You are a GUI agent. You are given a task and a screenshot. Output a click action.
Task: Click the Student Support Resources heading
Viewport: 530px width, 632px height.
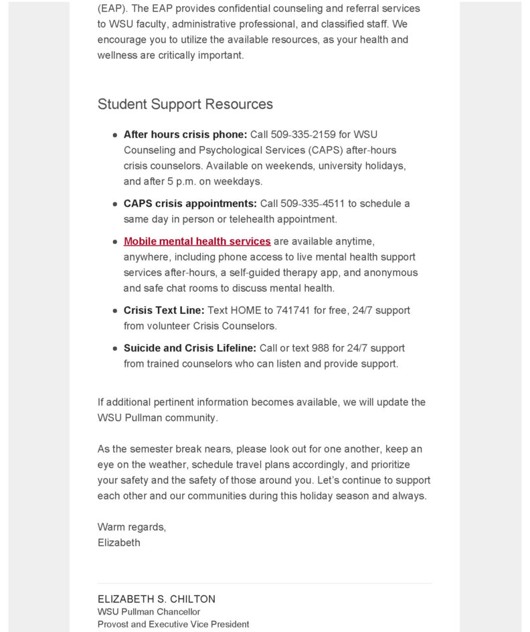tap(185, 104)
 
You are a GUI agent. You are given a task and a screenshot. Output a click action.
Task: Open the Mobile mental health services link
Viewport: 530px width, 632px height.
tap(197, 241)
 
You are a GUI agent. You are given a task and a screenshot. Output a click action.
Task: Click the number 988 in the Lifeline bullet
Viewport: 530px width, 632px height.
tap(321, 348)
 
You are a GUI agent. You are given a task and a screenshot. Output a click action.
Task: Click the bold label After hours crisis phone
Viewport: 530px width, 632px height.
tap(185, 135)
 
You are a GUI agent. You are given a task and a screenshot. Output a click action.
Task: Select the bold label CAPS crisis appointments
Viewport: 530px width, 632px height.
tap(190, 204)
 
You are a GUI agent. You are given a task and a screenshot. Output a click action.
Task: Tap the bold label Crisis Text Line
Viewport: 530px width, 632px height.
tap(164, 311)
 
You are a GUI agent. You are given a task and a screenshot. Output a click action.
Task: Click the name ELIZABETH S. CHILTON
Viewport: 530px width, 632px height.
tap(157, 599)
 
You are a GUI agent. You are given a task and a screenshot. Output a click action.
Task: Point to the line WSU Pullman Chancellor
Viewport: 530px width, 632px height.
tap(149, 612)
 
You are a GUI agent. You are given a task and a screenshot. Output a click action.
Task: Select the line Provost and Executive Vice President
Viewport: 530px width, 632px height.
tap(173, 625)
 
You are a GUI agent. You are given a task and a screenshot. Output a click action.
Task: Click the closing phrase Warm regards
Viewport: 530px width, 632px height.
tap(132, 527)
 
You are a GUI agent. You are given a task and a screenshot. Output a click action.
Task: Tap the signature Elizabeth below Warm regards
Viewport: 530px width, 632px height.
tap(119, 542)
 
